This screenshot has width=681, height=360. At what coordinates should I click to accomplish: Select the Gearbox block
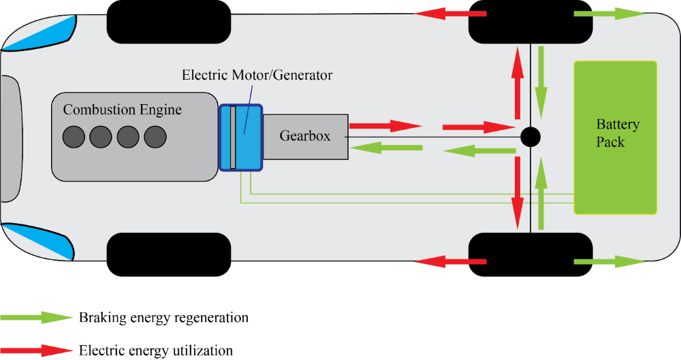(305, 136)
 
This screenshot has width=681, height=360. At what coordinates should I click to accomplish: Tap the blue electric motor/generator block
(242, 137)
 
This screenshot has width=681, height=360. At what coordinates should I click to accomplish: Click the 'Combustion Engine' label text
(123, 110)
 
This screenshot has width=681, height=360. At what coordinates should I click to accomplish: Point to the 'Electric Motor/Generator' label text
(257, 75)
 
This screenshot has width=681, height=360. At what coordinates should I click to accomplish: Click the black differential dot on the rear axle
(530, 137)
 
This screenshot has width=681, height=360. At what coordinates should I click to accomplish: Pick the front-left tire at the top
(169, 21)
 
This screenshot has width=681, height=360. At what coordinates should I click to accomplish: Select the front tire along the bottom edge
(169, 255)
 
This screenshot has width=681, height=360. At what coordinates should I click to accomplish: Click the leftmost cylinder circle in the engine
(74, 137)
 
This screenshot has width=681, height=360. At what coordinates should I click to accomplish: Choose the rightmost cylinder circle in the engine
(155, 137)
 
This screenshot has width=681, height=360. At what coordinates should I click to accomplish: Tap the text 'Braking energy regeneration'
(163, 318)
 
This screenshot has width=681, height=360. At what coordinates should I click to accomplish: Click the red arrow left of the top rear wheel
(446, 13)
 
